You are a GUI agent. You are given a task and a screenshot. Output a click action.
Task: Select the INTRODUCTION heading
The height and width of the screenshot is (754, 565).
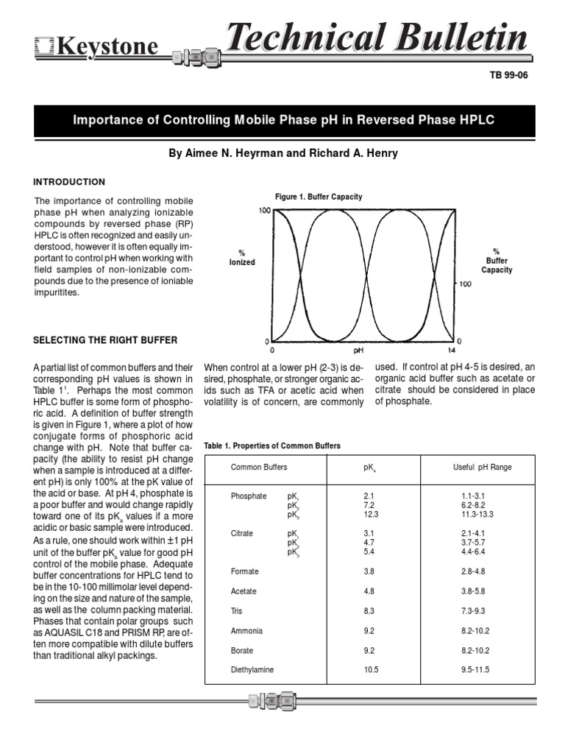(70, 182)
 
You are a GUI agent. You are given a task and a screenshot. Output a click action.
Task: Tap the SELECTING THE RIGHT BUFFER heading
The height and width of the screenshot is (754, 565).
(105, 339)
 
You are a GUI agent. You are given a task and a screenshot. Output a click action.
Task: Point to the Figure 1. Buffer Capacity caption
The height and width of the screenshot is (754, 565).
(319, 197)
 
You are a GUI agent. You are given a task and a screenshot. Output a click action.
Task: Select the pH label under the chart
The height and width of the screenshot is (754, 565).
(359, 351)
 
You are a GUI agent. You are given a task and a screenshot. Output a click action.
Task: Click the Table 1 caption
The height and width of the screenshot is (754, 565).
(271, 446)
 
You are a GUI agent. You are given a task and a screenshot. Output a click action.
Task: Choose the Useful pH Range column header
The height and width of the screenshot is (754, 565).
(482, 468)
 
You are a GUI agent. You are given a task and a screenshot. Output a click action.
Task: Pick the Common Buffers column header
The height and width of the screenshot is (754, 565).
(259, 468)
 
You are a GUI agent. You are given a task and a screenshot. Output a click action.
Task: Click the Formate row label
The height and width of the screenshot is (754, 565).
(244, 571)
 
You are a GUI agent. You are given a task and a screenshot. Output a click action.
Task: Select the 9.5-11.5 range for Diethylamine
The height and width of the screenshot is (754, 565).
(474, 669)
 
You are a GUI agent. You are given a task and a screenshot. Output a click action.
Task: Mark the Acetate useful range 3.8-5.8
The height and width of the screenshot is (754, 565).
(474, 591)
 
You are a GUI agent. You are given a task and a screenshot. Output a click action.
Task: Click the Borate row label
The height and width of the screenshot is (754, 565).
(242, 651)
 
